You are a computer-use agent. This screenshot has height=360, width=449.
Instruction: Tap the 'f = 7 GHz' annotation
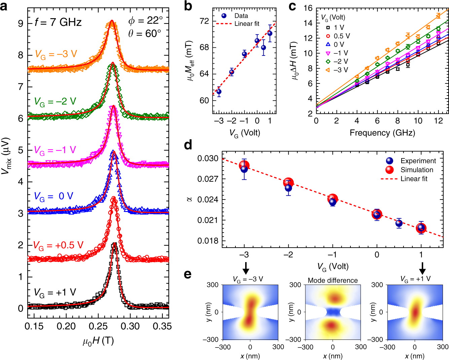[58, 22]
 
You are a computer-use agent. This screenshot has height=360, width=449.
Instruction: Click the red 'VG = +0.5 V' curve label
[58, 245]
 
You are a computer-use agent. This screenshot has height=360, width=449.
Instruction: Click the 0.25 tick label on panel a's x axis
[99, 326]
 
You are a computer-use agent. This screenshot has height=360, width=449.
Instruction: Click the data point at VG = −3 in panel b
[219, 92]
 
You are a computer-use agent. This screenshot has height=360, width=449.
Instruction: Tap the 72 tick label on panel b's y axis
[204, 21]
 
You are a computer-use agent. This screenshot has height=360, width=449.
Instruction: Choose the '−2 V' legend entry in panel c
[341, 62]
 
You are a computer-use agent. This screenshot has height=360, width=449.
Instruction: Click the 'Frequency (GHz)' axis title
[382, 133]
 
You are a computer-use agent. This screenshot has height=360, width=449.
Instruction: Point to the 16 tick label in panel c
[308, 8]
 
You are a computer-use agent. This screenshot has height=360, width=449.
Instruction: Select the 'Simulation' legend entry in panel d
[417, 170]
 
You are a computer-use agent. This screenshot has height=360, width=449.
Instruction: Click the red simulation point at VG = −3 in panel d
[245, 165]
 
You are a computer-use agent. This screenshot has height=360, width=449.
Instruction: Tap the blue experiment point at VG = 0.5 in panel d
[399, 223]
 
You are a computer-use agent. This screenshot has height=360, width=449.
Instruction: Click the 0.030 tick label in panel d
[208, 158]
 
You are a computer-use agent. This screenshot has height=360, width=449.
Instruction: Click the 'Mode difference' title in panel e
[333, 280]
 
